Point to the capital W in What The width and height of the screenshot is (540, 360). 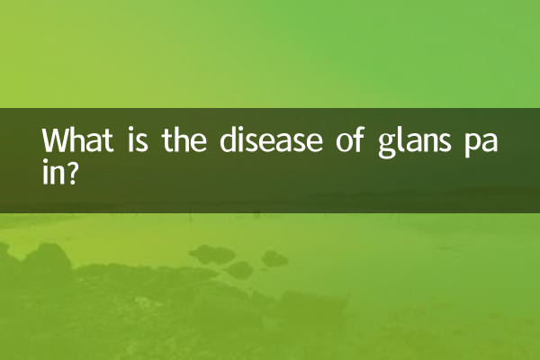(x=57, y=142)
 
